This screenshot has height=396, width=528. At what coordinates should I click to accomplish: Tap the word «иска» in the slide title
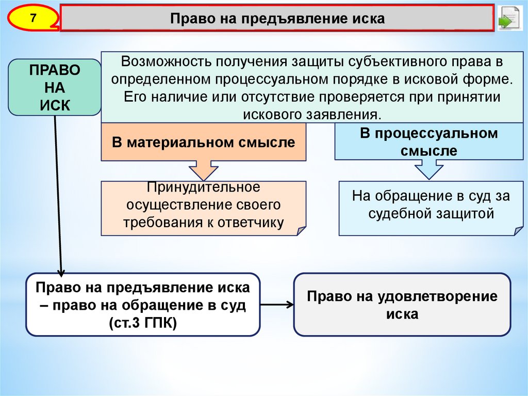pos(369,19)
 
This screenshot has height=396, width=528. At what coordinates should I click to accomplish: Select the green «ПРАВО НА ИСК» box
pos(54,87)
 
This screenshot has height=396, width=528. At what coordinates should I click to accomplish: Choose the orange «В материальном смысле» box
pos(204,142)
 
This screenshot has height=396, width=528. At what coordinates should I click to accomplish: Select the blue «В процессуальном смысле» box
pos(429,142)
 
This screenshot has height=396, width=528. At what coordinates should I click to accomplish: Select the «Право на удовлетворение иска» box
pos(402,305)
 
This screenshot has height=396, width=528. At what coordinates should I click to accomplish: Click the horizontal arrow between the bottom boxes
pos(276,305)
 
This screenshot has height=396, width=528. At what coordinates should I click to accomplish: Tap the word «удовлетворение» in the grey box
pos(436,296)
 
